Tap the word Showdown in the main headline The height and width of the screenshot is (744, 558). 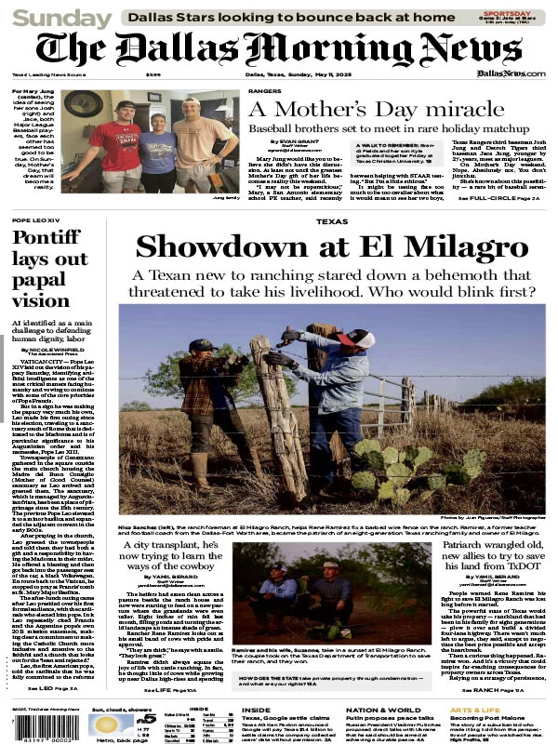[215, 246]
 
